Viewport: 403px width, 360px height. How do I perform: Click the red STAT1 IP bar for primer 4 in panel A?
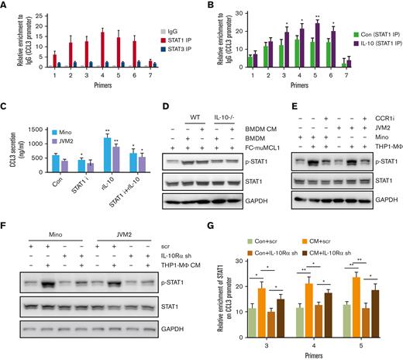tap(101, 48)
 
